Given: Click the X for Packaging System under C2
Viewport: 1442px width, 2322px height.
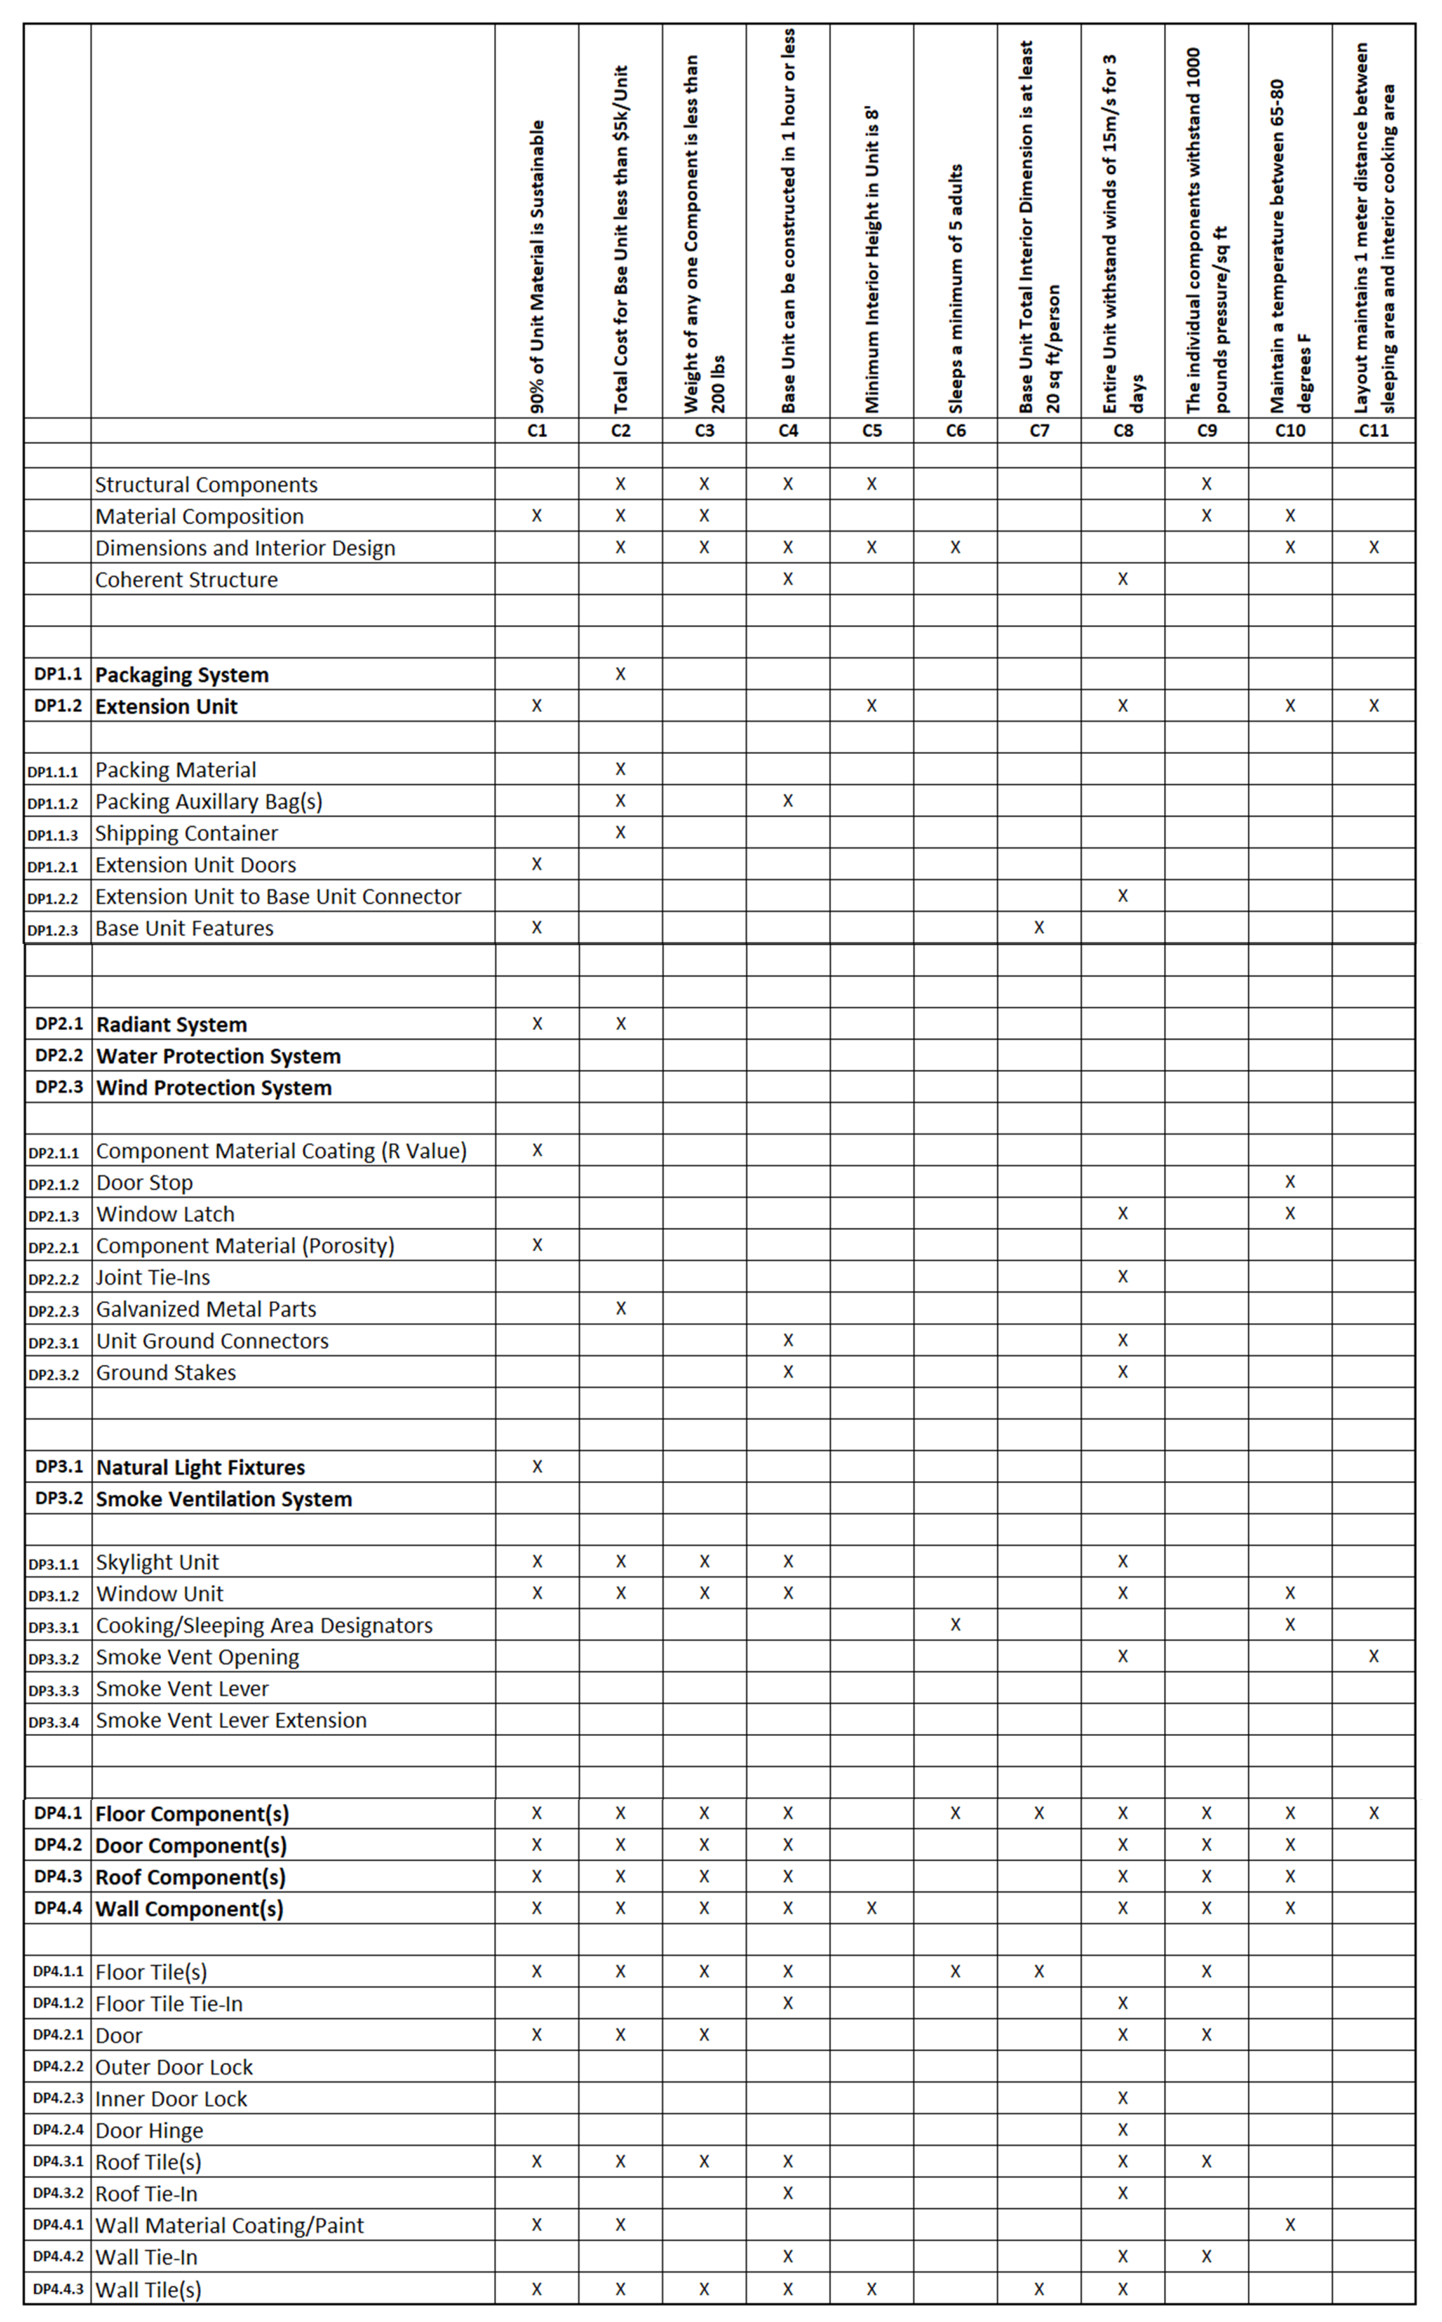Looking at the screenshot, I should [x=620, y=674].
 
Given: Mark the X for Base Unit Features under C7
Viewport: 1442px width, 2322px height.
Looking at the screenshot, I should [x=1039, y=927].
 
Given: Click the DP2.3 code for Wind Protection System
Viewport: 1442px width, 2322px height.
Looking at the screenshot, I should [x=58, y=1087].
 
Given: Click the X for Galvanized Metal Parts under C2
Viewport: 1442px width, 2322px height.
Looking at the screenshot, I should [x=620, y=1308].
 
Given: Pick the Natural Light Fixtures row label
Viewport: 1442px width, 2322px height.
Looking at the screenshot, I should [x=200, y=1467].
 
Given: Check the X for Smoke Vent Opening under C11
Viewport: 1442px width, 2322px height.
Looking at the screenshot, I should [x=1373, y=1656].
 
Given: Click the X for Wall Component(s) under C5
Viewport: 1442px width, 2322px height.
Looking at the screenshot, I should [x=871, y=1908].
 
